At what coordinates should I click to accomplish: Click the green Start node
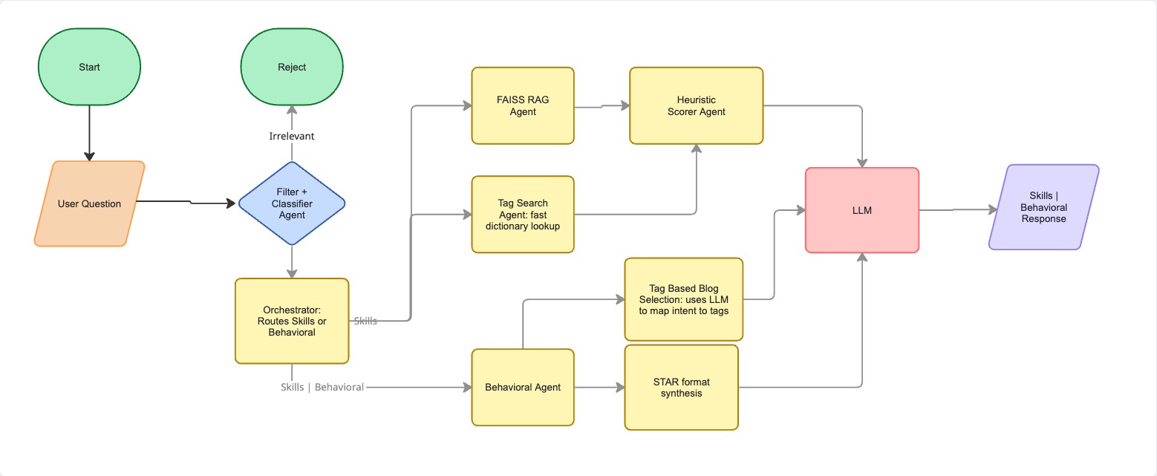[x=89, y=67]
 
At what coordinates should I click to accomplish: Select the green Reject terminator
[x=292, y=67]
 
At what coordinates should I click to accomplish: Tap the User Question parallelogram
[x=89, y=203]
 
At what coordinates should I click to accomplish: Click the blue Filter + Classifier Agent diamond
[x=292, y=203]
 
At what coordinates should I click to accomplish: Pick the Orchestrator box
[x=292, y=321]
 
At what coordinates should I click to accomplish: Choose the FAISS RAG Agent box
[x=523, y=105]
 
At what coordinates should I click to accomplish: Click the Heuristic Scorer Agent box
[x=696, y=105]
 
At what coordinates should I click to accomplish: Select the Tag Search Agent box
[x=523, y=214]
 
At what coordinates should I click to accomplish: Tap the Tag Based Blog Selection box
[x=683, y=299]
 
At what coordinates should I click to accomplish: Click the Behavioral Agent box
[x=523, y=387]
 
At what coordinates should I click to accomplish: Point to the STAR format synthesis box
[x=681, y=387]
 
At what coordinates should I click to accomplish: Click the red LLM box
[x=862, y=210]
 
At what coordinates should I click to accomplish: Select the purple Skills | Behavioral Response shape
[x=1043, y=207]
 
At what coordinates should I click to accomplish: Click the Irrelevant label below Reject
[x=292, y=136]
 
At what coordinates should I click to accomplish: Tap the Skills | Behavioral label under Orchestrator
[x=322, y=387]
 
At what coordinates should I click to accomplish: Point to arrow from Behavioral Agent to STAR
[x=599, y=387]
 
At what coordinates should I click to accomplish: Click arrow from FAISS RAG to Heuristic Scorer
[x=602, y=106]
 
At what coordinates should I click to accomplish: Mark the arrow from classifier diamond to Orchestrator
[x=292, y=261]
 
